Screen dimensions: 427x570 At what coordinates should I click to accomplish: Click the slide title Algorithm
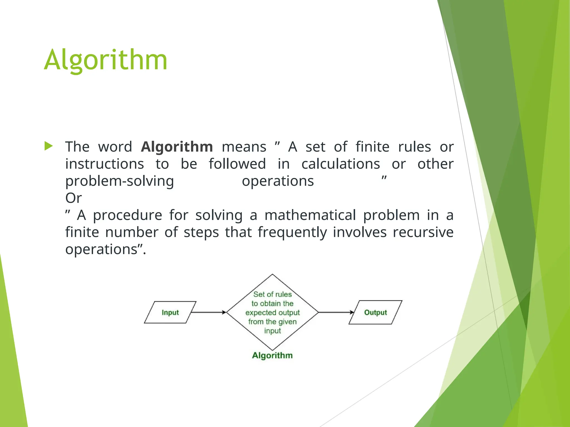(x=105, y=60)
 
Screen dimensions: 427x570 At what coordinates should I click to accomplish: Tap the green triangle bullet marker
(x=48, y=146)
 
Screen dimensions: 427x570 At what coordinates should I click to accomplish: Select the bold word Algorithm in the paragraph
(x=177, y=147)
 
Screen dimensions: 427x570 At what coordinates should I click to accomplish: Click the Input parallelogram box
(x=170, y=312)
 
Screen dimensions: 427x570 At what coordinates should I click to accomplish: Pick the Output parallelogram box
(x=375, y=312)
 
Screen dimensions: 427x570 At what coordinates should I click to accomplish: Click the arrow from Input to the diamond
(x=209, y=312)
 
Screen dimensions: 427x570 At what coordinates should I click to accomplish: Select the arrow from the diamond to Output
(x=336, y=312)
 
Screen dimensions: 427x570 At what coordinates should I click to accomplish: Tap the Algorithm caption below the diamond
(x=272, y=355)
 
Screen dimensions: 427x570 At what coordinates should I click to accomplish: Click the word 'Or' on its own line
(x=73, y=198)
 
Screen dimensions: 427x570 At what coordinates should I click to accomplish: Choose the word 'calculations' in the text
(x=341, y=164)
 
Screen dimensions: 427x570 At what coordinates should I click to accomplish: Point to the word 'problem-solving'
(x=120, y=181)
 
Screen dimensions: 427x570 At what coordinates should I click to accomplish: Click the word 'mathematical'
(x=310, y=215)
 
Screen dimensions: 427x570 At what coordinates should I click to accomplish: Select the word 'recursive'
(x=423, y=232)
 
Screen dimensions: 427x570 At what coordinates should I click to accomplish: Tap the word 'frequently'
(x=292, y=233)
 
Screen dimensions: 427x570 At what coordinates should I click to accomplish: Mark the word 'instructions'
(x=105, y=164)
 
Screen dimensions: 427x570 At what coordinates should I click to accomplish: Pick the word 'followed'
(x=237, y=164)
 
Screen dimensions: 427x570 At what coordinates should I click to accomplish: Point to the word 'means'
(x=244, y=147)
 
